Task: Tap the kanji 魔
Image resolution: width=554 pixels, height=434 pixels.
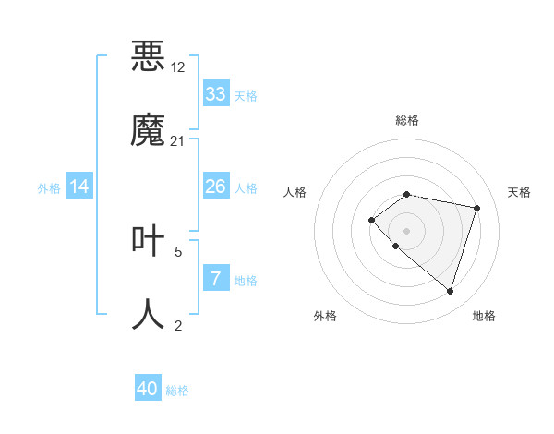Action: coord(149,129)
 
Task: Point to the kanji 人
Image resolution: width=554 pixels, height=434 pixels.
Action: coord(149,314)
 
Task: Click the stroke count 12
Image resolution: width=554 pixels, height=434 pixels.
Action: coord(177,67)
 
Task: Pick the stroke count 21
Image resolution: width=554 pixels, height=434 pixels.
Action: coord(177,140)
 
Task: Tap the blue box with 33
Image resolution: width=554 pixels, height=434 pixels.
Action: coord(216,94)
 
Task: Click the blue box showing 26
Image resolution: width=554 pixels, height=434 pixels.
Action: coord(216,187)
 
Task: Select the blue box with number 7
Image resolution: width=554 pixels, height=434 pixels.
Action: coord(216,279)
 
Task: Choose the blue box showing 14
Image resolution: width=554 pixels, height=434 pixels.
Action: coord(79,187)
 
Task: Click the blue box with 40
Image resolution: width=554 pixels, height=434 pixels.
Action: coord(148,389)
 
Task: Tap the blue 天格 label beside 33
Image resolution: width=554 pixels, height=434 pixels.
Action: coord(246,96)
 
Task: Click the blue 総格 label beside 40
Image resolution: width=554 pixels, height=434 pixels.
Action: coord(177,391)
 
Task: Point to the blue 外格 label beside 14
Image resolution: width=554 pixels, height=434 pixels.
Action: coord(49,188)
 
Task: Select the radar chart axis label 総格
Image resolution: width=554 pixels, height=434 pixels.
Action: coord(407,120)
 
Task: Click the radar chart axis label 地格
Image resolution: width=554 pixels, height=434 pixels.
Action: coord(484,316)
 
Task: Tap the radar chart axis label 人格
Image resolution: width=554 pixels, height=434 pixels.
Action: coord(295,192)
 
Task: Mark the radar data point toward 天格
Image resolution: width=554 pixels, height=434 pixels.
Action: coord(477,208)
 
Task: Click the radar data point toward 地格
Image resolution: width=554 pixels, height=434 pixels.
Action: coord(450,292)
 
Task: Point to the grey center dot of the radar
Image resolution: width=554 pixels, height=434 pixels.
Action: coord(407,230)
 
